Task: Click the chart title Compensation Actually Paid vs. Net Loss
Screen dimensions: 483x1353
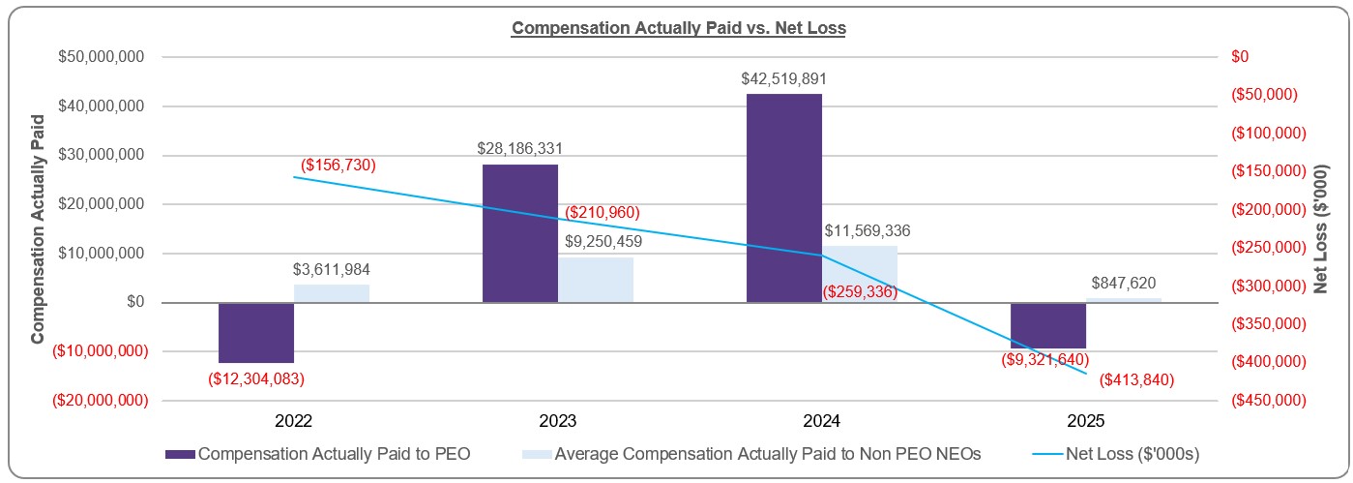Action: click(x=678, y=28)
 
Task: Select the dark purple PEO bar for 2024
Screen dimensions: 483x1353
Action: click(x=783, y=197)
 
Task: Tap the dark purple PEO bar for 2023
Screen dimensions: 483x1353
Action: click(x=519, y=232)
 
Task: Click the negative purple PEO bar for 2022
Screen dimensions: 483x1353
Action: click(x=255, y=332)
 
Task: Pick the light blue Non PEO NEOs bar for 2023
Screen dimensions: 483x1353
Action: click(x=596, y=280)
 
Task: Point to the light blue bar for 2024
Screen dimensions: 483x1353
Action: click(x=860, y=274)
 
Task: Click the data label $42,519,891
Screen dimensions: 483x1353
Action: click(x=784, y=79)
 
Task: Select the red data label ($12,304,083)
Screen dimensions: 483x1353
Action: click(x=255, y=378)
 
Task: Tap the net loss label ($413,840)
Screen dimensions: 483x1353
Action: click(x=1136, y=380)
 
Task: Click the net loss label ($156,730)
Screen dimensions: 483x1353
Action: click(x=338, y=165)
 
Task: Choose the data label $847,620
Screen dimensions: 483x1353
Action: click(x=1123, y=283)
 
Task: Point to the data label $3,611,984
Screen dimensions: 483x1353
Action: click(x=332, y=269)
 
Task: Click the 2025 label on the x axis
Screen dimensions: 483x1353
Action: click(x=1085, y=422)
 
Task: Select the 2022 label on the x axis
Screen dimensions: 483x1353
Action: click(x=293, y=422)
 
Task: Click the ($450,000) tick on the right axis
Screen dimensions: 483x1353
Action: click(x=1266, y=400)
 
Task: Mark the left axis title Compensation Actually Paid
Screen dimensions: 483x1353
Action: click(x=38, y=228)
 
